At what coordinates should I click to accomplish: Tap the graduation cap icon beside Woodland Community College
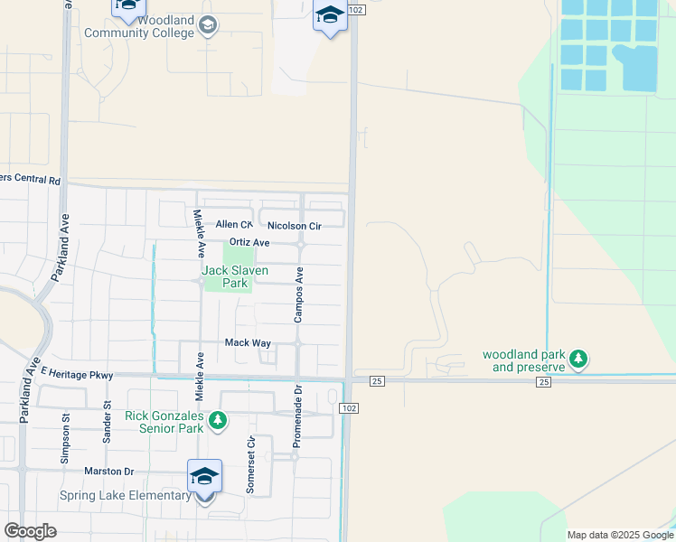coord(209,25)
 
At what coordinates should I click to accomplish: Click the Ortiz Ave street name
coord(249,242)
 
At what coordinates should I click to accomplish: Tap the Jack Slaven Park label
coord(225,276)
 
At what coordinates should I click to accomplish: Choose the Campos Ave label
coord(298,294)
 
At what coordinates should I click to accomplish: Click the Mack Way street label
coord(248,343)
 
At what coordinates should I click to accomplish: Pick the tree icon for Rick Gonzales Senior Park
coord(217,420)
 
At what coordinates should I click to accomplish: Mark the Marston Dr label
coord(109,472)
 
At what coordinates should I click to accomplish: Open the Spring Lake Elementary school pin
coord(205,478)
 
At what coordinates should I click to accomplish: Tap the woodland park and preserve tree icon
coord(579,360)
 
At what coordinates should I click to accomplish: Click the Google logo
coord(30,531)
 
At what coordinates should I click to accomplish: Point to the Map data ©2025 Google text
coord(619,535)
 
